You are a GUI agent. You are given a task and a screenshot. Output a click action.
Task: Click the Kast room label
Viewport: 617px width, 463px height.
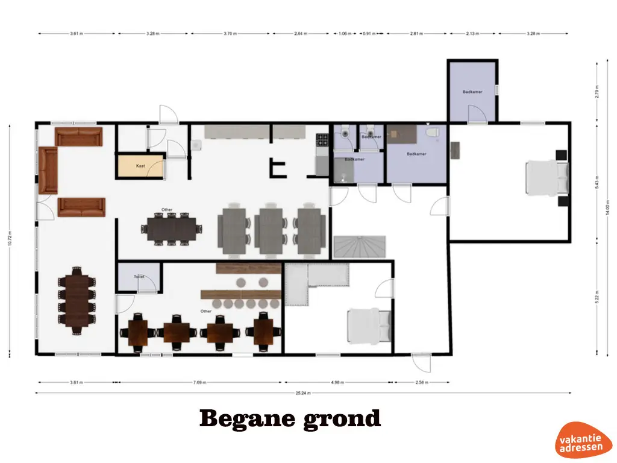[140, 166]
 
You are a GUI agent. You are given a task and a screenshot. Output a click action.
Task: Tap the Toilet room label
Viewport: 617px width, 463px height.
[140, 277]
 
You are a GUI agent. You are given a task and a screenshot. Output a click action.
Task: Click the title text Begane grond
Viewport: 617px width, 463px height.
[290, 418]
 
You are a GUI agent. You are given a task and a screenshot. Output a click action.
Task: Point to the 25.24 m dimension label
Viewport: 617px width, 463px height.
[303, 393]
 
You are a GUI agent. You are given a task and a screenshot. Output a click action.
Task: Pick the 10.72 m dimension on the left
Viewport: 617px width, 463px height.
[10, 239]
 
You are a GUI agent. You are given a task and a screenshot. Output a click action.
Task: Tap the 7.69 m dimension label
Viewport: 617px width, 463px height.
[200, 382]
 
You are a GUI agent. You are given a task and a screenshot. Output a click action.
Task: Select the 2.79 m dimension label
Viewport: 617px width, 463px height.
[597, 92]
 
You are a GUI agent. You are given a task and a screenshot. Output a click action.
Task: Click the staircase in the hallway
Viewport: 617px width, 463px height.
[360, 247]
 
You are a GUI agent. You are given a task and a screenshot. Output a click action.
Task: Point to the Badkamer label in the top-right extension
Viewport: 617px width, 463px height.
[471, 92]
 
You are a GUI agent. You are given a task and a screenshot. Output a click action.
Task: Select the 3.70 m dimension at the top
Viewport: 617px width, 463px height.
[230, 34]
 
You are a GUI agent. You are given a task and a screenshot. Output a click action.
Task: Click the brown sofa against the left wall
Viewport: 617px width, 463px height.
[48, 170]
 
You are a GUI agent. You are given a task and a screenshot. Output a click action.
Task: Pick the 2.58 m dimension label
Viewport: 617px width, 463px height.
[422, 382]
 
